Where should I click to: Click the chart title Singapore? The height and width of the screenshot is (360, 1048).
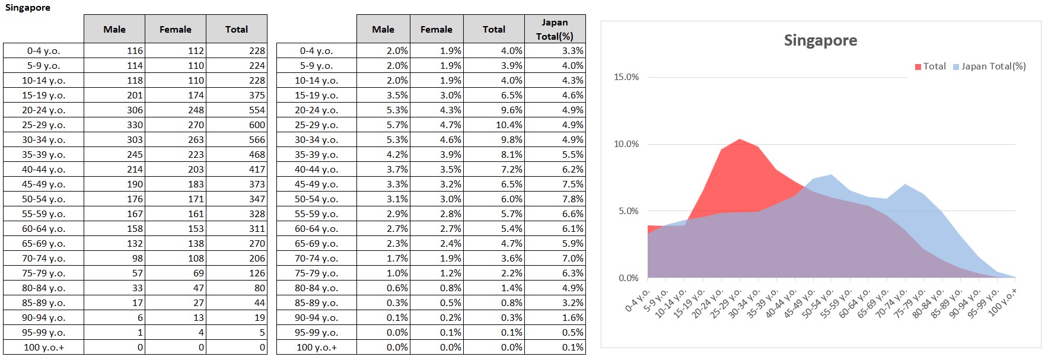click(820, 40)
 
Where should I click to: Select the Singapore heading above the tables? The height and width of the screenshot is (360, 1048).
click(28, 8)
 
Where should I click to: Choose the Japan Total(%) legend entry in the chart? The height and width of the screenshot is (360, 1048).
click(989, 66)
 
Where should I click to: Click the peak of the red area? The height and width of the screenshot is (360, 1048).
click(740, 139)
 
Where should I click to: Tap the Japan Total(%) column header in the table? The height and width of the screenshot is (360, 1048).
click(555, 29)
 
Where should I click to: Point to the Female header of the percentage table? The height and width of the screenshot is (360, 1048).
click(436, 29)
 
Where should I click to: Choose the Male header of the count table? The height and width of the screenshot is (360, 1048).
click(114, 29)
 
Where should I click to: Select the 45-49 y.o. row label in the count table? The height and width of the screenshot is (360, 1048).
click(43, 184)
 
